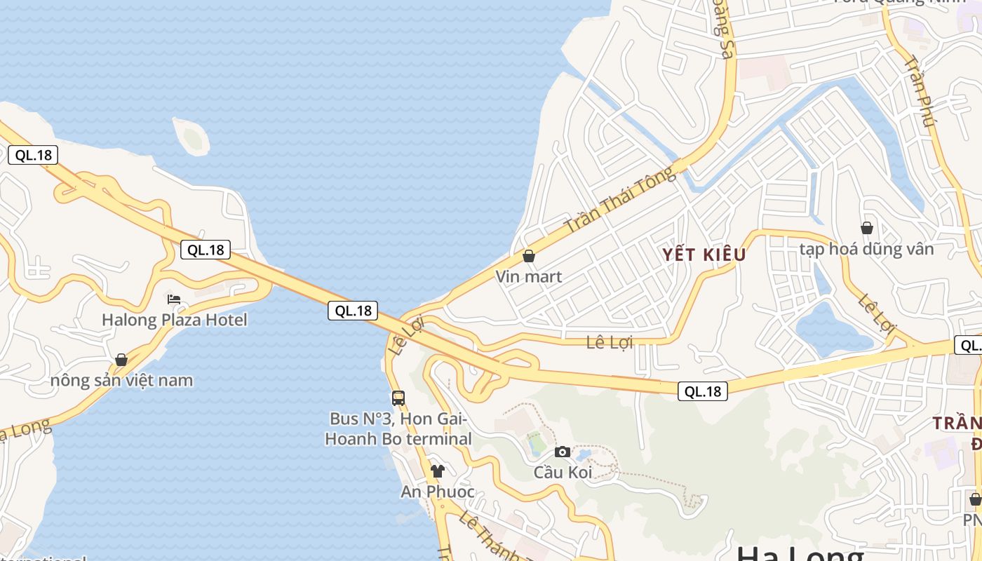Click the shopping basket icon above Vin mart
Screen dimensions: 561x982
pyautogui.click(x=529, y=257)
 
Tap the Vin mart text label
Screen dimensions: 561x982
pyautogui.click(x=529, y=277)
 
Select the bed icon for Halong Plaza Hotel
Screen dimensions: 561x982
pyautogui.click(x=174, y=299)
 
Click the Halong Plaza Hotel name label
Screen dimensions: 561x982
pyautogui.click(x=175, y=320)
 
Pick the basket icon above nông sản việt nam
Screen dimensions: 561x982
pyautogui.click(x=121, y=360)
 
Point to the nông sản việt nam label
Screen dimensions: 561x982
pyautogui.click(x=121, y=381)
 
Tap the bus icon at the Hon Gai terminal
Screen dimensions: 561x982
pyautogui.click(x=398, y=398)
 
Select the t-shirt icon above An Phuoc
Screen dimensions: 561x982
pyautogui.click(x=438, y=471)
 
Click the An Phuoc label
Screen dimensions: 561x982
pyautogui.click(x=438, y=492)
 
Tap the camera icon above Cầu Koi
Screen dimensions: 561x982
pyautogui.click(x=563, y=452)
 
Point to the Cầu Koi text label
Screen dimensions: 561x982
pyautogui.click(x=563, y=473)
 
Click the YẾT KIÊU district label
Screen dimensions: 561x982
pyautogui.click(x=704, y=255)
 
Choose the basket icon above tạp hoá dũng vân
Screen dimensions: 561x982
pyautogui.click(x=867, y=228)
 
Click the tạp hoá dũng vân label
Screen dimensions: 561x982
pyautogui.click(x=867, y=249)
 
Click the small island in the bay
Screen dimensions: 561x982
pyautogui.click(x=191, y=137)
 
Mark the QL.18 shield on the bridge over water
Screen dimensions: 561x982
pyautogui.click(x=353, y=311)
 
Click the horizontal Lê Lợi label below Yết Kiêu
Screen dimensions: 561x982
pyautogui.click(x=610, y=342)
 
